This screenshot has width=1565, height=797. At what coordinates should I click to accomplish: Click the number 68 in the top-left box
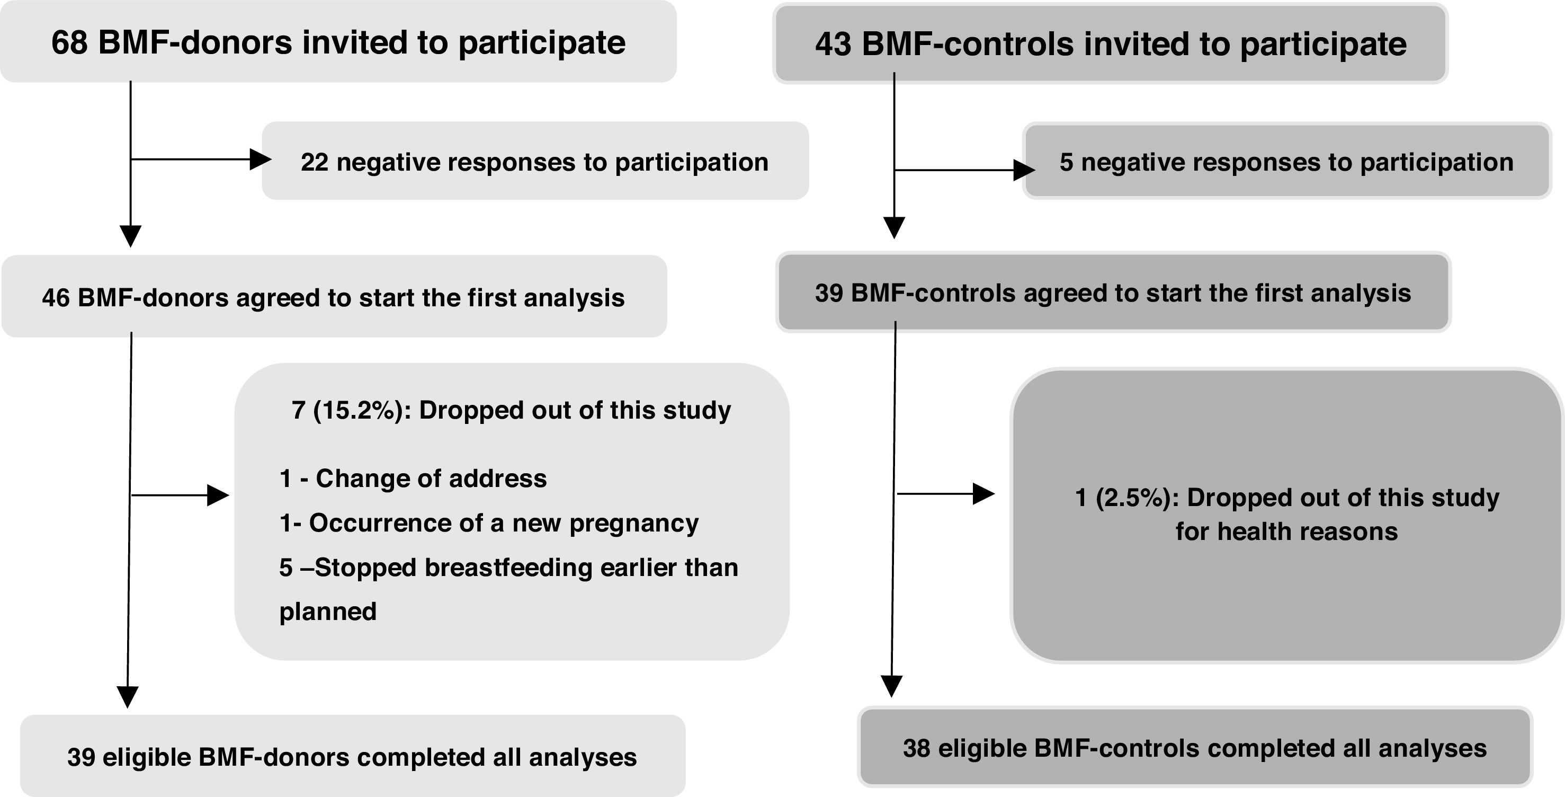point(69,42)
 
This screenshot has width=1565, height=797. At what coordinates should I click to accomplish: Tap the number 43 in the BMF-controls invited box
point(834,45)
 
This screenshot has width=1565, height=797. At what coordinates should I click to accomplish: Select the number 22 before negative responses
point(314,162)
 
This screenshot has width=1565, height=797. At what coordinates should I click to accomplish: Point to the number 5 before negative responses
point(1066,162)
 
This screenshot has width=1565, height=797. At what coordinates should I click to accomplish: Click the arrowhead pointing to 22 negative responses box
point(261,160)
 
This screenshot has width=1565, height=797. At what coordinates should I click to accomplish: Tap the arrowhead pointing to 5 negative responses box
point(1024,170)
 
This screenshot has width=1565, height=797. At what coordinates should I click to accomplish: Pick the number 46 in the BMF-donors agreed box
point(56,298)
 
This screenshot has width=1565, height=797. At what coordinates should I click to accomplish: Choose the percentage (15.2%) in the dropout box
point(358,410)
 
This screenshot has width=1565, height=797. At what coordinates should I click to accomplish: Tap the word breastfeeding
point(508,568)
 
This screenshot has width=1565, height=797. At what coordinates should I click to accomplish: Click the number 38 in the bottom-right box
point(917,748)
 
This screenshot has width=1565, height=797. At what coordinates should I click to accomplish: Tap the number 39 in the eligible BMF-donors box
point(81,757)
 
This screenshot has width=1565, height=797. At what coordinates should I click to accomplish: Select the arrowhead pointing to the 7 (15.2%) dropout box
point(218,495)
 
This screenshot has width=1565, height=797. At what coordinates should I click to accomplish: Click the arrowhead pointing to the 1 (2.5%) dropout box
point(983,494)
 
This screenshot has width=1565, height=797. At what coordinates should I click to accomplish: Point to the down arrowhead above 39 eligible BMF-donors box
point(128,697)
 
